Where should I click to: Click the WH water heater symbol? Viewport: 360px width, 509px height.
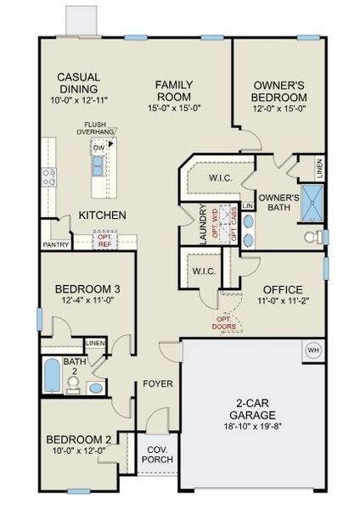312,350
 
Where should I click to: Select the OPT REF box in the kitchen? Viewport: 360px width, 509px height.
104,239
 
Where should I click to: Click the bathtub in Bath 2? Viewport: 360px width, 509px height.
52,375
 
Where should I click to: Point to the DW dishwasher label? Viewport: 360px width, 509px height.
99,148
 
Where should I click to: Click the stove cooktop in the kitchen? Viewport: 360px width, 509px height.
49,176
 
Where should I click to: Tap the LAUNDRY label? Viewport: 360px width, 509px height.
204,225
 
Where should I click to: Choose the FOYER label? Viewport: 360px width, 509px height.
157,383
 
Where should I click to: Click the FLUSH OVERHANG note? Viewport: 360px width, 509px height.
100,128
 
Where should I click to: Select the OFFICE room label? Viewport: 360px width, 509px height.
282,288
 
